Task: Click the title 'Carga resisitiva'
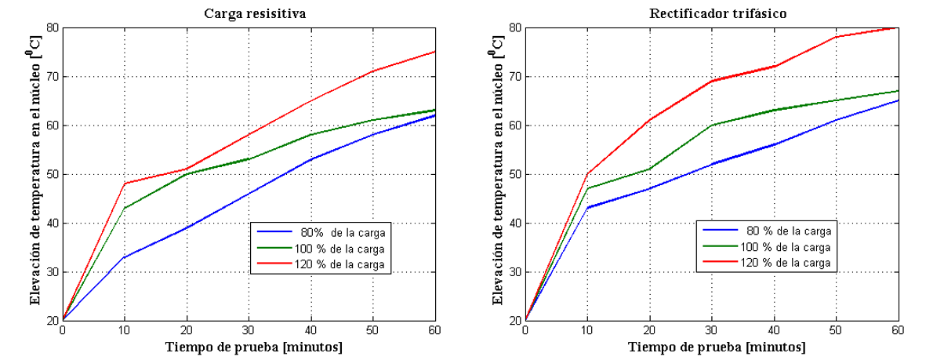pyautogui.click(x=249, y=13)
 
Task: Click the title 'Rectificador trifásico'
pyautogui.click(x=711, y=13)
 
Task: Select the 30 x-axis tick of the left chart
pyautogui.click(x=249, y=329)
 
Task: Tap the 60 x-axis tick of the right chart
pyautogui.click(x=898, y=329)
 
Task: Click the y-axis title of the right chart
pyautogui.click(x=496, y=174)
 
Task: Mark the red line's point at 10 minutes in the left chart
pyautogui.click(x=125, y=184)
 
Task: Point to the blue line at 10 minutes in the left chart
pyautogui.click(x=125, y=256)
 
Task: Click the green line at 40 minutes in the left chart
pyautogui.click(x=310, y=135)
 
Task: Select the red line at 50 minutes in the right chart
pyautogui.click(x=836, y=37)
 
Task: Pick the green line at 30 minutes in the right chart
pyautogui.click(x=712, y=125)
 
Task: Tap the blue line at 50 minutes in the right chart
pyautogui.click(x=836, y=120)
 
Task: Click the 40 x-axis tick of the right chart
pyautogui.click(x=774, y=329)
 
